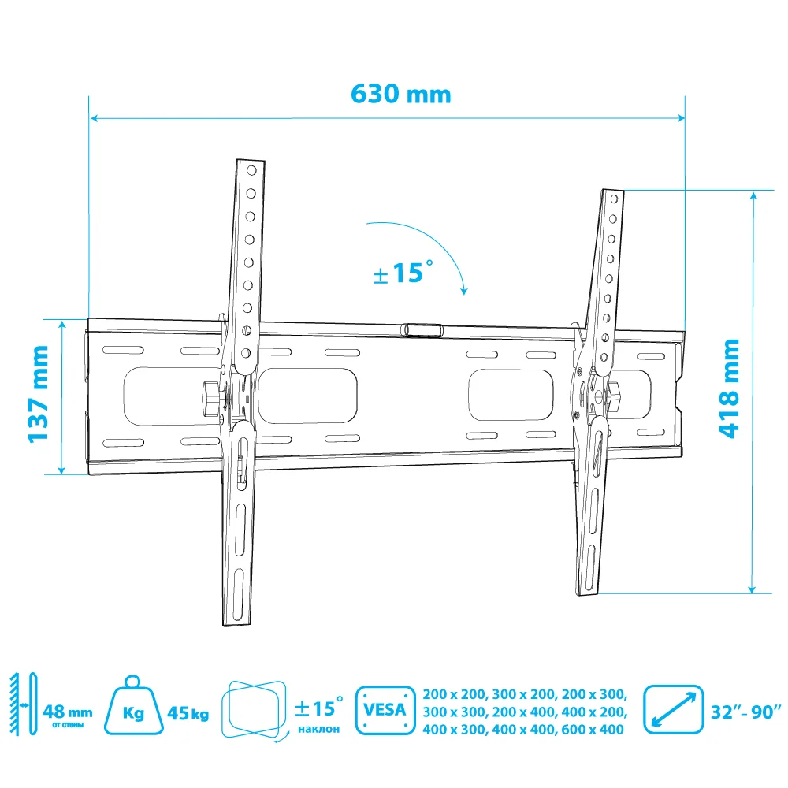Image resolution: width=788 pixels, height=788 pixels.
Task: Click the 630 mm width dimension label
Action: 400,94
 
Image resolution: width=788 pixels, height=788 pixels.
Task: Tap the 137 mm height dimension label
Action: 38,394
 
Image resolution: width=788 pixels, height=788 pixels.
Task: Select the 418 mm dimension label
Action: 729,388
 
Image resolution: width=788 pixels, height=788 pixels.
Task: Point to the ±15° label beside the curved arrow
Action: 403,273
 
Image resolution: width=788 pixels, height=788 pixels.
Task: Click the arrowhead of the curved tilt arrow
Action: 464,291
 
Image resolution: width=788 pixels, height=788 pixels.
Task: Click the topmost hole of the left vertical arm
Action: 251,170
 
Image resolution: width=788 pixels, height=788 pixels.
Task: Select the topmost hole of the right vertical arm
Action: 614,199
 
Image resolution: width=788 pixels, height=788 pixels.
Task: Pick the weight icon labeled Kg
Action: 133,705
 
